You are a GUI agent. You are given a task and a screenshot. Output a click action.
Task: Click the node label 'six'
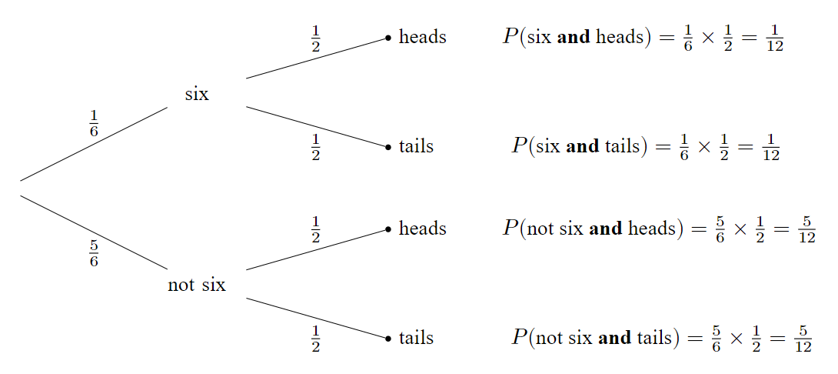pyautogui.click(x=197, y=95)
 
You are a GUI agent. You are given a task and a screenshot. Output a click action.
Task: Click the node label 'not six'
pyautogui.click(x=197, y=286)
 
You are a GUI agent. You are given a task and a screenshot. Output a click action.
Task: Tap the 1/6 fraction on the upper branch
pyautogui.click(x=94, y=123)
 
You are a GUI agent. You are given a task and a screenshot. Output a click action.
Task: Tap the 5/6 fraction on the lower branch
pyautogui.click(x=94, y=253)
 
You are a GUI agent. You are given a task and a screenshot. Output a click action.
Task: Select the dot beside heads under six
pyautogui.click(x=388, y=37)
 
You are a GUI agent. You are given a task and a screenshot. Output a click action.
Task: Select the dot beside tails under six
pyautogui.click(x=388, y=146)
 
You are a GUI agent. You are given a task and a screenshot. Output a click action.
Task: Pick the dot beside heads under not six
pyautogui.click(x=388, y=229)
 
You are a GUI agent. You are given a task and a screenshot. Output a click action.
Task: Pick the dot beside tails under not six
pyautogui.click(x=388, y=338)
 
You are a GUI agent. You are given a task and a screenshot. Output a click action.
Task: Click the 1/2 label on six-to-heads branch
pyautogui.click(x=315, y=39)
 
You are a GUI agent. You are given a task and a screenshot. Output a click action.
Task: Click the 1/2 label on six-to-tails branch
pyautogui.click(x=315, y=147)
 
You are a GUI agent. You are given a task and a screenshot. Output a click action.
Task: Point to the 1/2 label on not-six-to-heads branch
pyautogui.click(x=315, y=230)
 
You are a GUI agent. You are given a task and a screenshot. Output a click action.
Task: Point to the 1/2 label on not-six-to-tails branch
pyautogui.click(x=315, y=339)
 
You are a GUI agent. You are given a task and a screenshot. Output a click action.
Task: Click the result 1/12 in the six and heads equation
pyautogui.click(x=775, y=38)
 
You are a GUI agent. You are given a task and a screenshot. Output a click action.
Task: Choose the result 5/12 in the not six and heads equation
pyautogui.click(x=806, y=229)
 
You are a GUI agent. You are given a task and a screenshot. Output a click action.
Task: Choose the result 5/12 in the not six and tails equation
pyautogui.click(x=803, y=339)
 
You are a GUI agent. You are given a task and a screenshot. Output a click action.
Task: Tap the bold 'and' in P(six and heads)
pyautogui.click(x=573, y=38)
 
